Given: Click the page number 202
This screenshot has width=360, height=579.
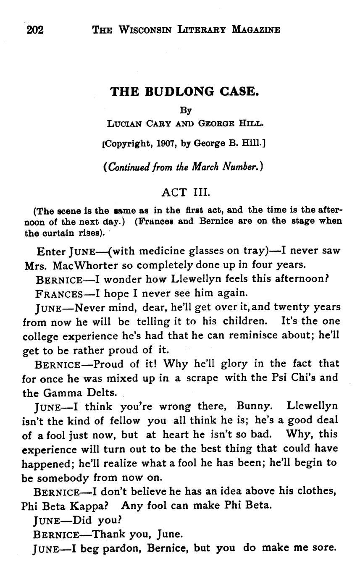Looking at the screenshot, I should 35,30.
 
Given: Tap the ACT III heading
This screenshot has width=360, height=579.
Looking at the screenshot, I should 185,192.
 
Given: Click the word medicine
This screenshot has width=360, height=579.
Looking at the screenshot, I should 162,251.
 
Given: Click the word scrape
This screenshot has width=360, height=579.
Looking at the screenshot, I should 202,378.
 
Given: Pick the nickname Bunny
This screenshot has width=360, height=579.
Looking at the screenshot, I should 255,406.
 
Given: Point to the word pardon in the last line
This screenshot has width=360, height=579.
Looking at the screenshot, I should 125,548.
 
